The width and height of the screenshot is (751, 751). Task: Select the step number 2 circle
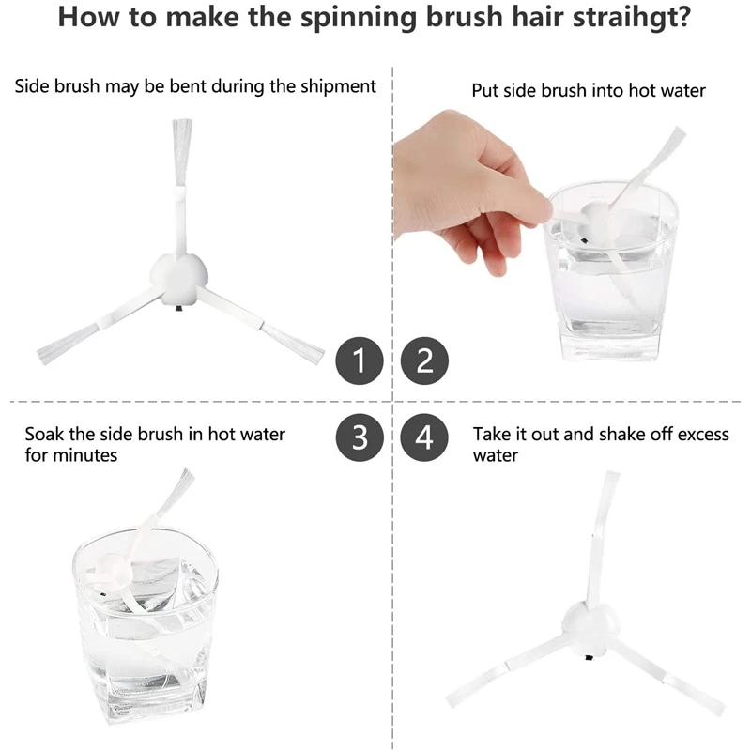pos(424,360)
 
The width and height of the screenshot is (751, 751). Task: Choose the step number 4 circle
pos(424,437)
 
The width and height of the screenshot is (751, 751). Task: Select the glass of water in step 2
pos(610,282)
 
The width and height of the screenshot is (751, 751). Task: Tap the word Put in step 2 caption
pos(485,91)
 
